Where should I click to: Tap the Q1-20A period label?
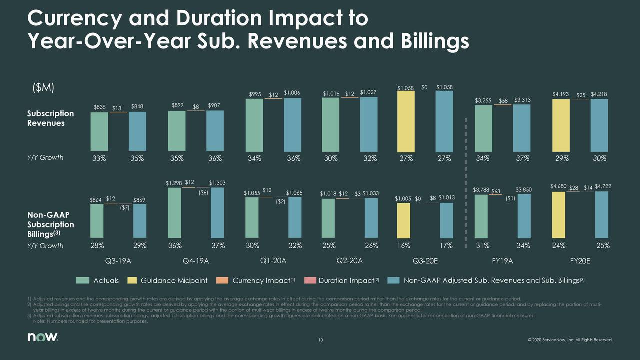coord(273,261)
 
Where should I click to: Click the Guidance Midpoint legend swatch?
coord(133,281)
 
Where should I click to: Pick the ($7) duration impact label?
coord(124,208)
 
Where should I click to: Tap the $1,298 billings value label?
coord(174,183)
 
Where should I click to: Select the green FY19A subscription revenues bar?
coord(483,128)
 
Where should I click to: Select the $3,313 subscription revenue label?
coord(522,100)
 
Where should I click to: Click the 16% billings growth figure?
coord(404,246)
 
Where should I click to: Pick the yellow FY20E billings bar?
coord(558,215)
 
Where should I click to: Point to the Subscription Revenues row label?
coord(50,118)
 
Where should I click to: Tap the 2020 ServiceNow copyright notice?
coord(569,341)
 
